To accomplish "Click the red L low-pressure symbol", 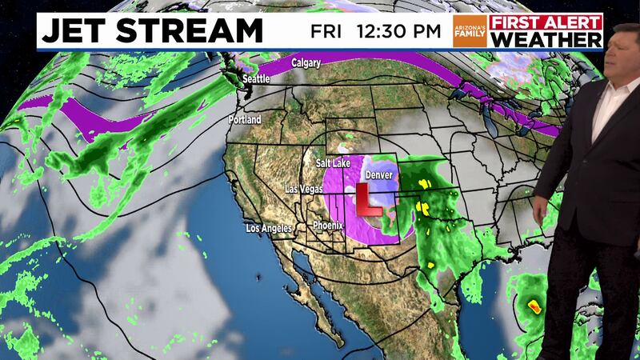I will coord(367,199).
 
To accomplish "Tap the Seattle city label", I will coord(256,79).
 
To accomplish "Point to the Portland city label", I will coord(245,119).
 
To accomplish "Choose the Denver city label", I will coord(378,174).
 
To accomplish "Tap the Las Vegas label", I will coord(304,190).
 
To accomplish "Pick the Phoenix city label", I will coord(329,225).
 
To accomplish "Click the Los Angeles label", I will coord(270,230).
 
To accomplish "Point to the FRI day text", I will coord(327,33).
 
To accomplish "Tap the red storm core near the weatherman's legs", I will coord(534,305).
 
